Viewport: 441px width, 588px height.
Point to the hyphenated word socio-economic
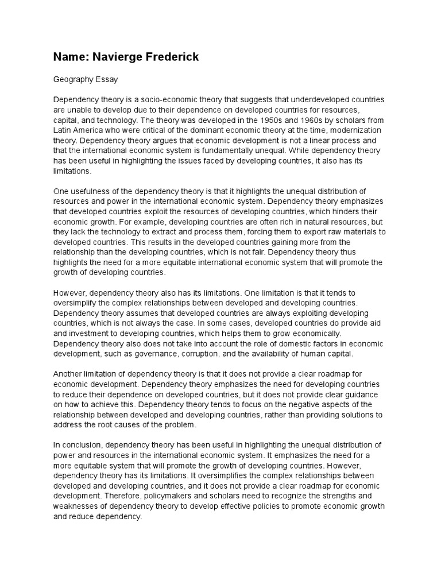(x=165, y=99)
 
